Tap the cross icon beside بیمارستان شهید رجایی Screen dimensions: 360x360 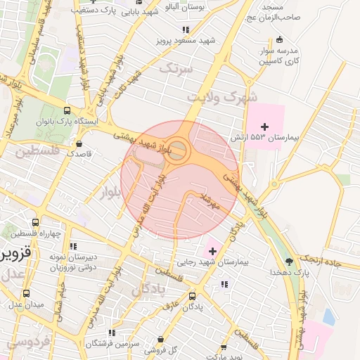213,251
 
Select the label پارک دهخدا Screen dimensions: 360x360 292,271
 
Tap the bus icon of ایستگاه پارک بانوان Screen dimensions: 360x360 67,110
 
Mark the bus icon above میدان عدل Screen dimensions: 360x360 26,294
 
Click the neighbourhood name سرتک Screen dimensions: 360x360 175,68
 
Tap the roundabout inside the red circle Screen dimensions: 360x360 177,150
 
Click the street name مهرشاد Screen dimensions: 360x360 211,201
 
